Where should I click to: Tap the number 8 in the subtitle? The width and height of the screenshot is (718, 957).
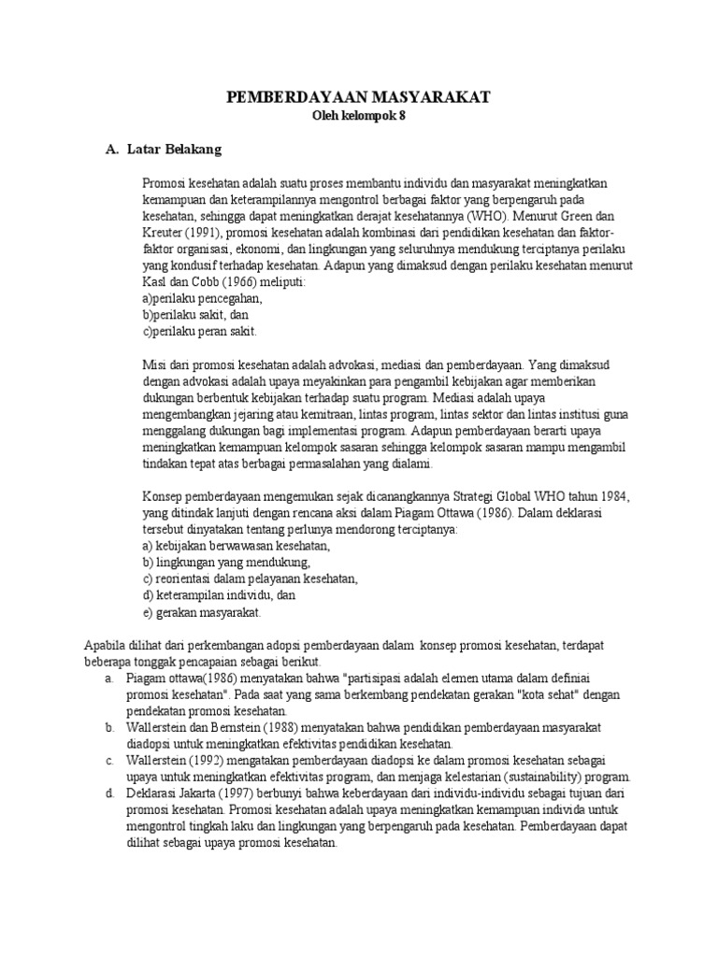404,116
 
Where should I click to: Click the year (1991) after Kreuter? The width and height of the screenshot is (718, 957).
206,232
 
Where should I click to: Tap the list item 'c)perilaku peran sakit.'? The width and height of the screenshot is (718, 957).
199,332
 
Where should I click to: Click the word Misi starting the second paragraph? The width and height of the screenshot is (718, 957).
155,364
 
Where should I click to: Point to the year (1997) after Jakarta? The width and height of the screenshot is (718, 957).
245,793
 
